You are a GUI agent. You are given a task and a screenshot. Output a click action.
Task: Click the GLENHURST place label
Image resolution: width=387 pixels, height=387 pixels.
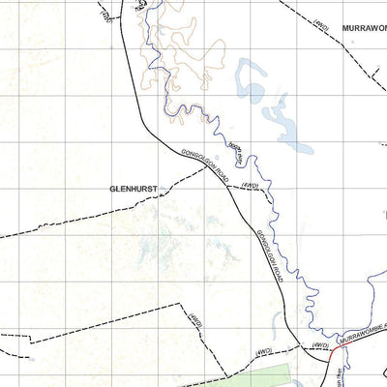134,190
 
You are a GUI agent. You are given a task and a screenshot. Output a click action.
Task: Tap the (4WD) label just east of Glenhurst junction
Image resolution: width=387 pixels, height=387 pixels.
250,185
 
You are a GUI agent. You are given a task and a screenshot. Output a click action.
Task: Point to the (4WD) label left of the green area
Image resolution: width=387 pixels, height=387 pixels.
196,320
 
